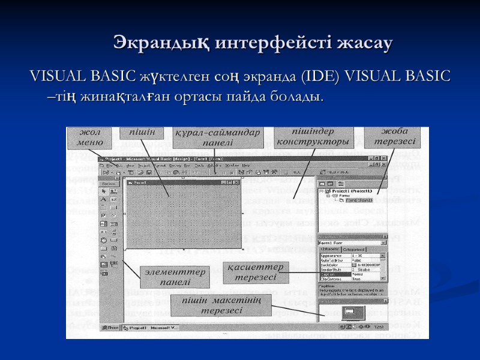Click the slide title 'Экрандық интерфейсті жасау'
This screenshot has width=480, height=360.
coord(253,43)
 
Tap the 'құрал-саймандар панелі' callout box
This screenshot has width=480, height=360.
coord(218,137)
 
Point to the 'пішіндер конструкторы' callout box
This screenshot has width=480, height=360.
coord(313,137)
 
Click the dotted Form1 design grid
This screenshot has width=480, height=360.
coord(183,210)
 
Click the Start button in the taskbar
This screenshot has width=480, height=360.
coord(110,328)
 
